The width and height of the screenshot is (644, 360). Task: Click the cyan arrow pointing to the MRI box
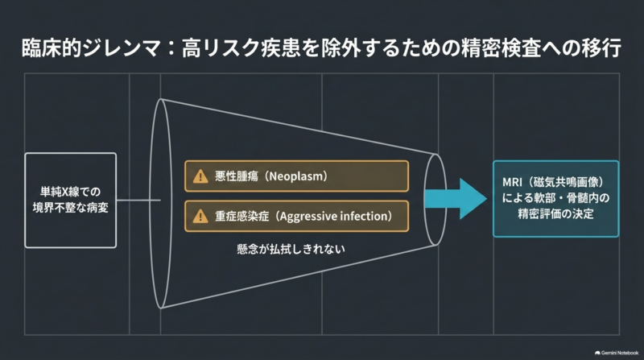[456, 199]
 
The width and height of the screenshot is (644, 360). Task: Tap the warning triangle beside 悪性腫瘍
[200, 176]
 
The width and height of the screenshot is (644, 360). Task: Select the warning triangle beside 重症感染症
[200, 216]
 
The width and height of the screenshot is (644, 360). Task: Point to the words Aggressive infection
[334, 216]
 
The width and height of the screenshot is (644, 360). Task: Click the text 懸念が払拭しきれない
[291, 249]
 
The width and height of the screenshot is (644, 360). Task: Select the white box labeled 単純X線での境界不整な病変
[71, 201]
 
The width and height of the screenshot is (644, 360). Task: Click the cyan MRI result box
[555, 199]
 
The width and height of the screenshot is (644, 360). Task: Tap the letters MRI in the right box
[512, 182]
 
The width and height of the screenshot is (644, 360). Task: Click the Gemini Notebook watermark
[617, 353]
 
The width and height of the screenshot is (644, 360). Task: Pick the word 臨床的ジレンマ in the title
[91, 48]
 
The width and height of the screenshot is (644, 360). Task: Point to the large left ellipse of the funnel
[151, 204]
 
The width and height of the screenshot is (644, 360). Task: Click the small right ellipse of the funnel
[425, 200]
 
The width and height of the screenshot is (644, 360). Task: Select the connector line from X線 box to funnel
[138, 201]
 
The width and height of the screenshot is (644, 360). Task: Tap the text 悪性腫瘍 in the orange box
[237, 176]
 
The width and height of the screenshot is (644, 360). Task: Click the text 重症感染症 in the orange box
[242, 216]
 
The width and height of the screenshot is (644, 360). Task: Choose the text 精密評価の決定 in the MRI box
[555, 213]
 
